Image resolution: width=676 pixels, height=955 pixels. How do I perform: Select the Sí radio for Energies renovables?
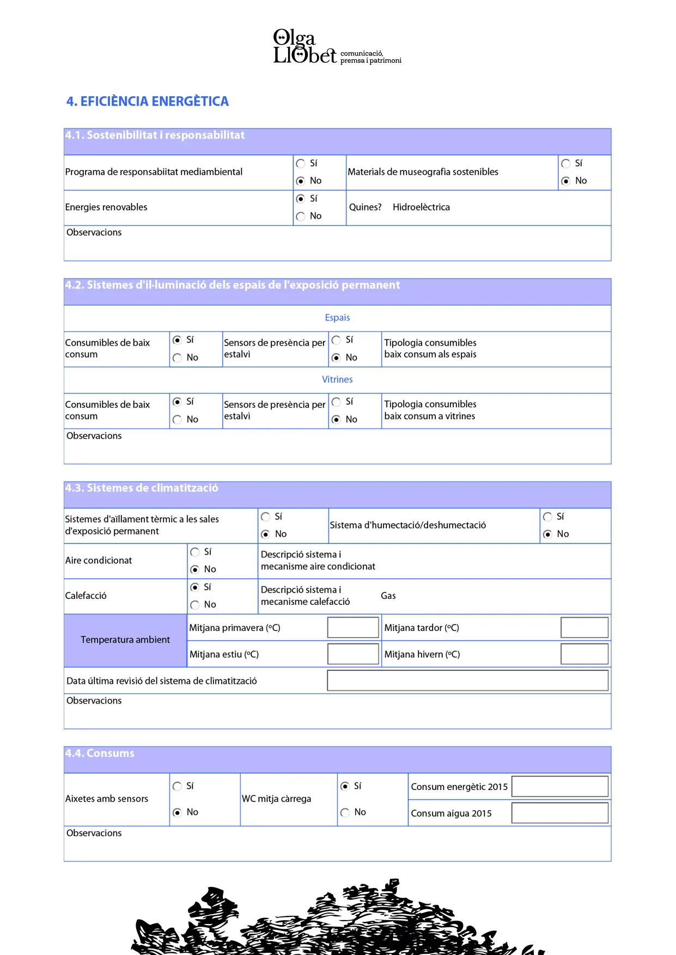301,199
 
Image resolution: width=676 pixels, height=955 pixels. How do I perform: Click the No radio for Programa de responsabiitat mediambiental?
301,181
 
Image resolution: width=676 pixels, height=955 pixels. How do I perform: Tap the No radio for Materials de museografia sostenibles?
566,181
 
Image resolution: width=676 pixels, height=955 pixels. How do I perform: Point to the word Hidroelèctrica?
421,207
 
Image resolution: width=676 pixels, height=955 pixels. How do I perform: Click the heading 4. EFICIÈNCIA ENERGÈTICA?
147,101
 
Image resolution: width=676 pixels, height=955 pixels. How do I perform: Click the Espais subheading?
337,318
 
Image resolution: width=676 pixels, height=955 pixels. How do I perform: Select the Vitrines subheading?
337,379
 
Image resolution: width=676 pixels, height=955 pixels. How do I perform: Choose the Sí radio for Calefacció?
195,587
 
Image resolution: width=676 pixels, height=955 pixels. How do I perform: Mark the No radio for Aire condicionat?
195,570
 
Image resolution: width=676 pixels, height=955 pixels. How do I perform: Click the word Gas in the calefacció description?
388,596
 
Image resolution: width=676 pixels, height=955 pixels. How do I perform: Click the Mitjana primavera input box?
353,627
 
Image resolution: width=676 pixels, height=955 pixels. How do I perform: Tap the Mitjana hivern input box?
584,654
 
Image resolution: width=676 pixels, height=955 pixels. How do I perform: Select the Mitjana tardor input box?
584,627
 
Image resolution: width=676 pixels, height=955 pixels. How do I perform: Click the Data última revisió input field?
467,681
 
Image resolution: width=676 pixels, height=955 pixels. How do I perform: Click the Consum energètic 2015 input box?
560,786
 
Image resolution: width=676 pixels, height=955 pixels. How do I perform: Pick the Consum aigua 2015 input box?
560,813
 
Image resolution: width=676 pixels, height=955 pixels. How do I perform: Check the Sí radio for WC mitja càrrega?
345,786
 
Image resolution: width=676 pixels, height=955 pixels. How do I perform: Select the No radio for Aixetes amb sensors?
177,812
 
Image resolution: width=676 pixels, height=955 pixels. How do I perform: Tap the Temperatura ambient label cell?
125,640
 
